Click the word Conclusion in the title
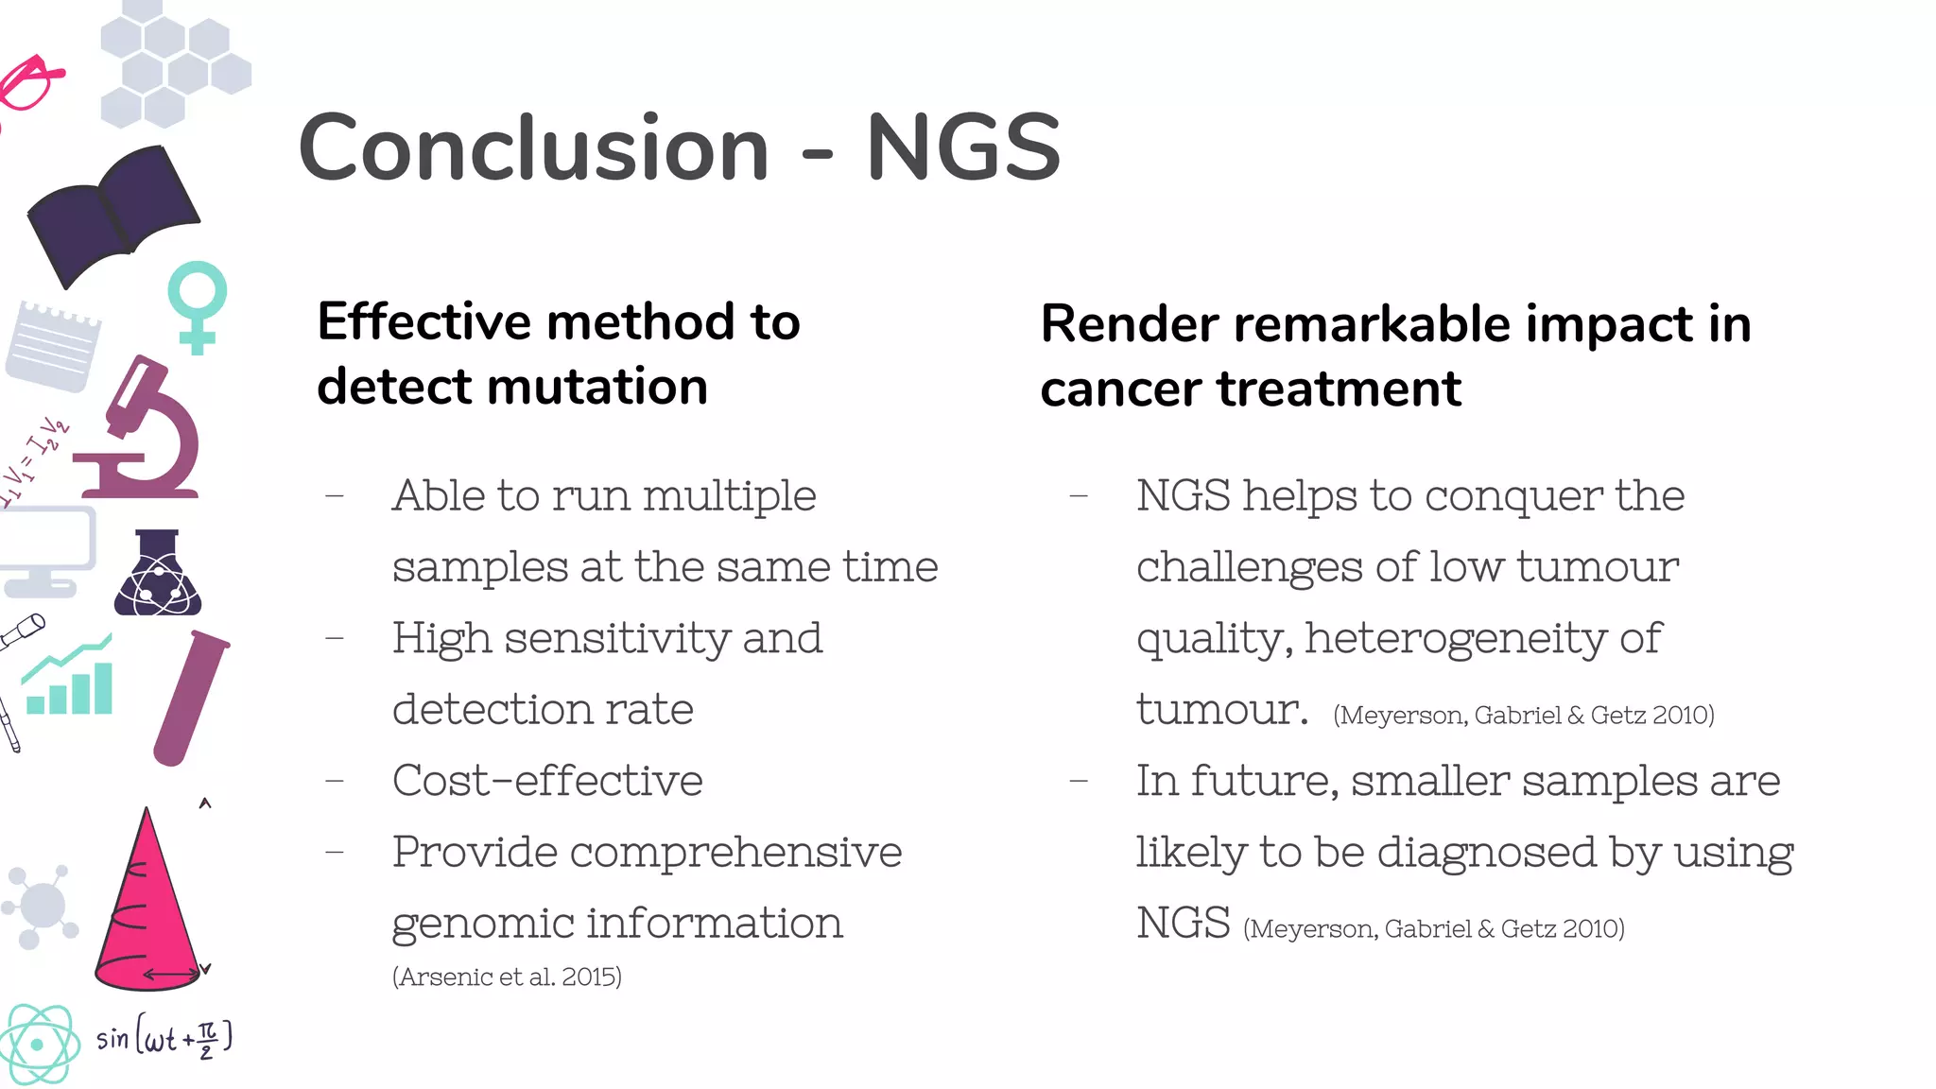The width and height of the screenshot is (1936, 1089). coord(534,148)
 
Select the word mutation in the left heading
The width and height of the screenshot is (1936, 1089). coord(596,387)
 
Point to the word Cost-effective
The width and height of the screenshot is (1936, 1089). coord(547,781)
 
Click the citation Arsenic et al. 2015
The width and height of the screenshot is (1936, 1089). coord(507,977)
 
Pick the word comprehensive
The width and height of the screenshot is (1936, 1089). coord(735,853)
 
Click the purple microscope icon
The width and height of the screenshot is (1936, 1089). coord(142,430)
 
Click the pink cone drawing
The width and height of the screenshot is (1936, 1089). coord(147,907)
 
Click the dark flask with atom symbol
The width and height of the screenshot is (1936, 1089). coord(158,575)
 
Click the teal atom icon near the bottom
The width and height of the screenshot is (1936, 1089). coord(39,1044)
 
